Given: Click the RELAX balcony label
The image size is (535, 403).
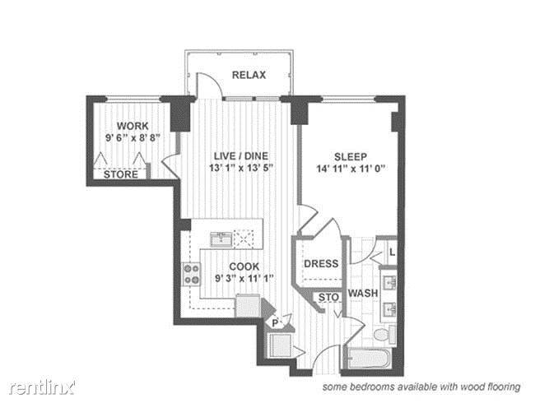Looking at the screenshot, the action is [x=249, y=75].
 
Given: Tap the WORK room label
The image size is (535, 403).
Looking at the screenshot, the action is [x=133, y=126].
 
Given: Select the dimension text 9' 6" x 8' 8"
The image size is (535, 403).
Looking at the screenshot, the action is [x=133, y=137].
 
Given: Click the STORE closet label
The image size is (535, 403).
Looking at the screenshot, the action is [x=121, y=174].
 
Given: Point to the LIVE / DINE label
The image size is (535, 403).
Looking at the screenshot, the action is [x=241, y=156].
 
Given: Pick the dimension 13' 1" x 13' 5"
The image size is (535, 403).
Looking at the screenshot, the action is [x=241, y=168].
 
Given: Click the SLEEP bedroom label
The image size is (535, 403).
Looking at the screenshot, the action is [x=351, y=157].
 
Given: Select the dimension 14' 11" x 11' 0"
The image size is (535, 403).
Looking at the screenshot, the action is [x=351, y=169].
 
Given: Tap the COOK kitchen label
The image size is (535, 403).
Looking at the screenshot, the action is [x=244, y=266].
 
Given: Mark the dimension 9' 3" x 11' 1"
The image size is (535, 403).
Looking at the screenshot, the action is [x=244, y=279].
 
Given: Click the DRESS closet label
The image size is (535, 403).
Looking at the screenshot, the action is [x=321, y=263].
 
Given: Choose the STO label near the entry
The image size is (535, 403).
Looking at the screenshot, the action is [x=328, y=297].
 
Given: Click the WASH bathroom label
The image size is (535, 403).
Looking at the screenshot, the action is [x=363, y=293].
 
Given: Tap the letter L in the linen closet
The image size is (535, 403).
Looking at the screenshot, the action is [x=393, y=252].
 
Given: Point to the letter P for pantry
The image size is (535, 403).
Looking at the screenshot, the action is [x=275, y=323].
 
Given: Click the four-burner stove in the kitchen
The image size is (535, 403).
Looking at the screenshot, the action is [x=192, y=275].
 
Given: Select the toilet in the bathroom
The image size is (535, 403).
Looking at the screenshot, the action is [x=385, y=334].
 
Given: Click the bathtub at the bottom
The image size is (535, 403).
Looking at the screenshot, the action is [x=369, y=358].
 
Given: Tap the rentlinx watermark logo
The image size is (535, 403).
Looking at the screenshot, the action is [x=42, y=387].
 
